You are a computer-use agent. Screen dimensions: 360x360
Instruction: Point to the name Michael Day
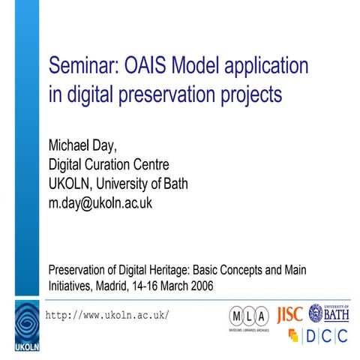83,142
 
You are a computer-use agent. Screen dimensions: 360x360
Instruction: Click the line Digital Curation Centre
108,163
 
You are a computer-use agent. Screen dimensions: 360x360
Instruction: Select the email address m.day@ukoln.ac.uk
100,202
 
